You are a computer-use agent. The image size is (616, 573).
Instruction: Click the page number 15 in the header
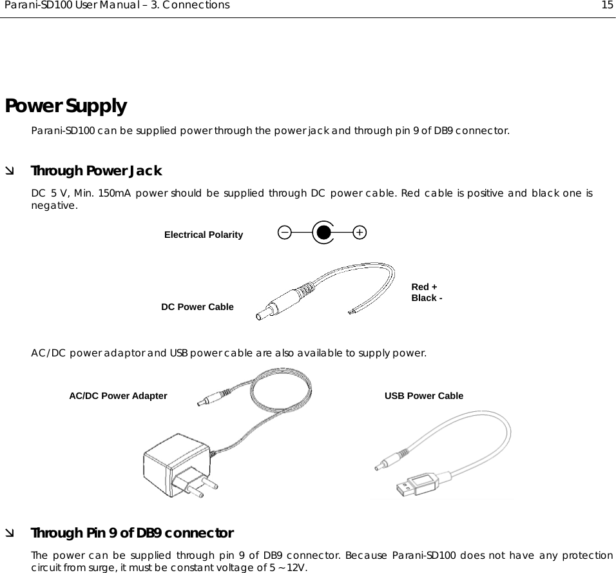[x=607, y=6]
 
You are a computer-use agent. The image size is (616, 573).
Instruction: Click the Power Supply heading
[x=66, y=105]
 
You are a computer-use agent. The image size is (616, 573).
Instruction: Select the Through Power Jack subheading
[x=97, y=171]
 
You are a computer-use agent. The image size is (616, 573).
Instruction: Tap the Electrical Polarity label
[x=204, y=235]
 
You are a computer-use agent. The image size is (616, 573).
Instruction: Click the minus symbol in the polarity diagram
[x=285, y=232]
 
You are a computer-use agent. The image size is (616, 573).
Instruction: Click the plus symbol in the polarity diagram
[x=360, y=232]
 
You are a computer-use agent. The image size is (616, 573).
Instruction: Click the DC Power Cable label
[x=197, y=307]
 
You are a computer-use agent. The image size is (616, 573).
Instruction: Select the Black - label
[x=427, y=298]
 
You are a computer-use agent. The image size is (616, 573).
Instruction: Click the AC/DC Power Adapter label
[x=118, y=396]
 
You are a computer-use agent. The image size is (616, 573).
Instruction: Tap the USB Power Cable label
[x=423, y=396]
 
